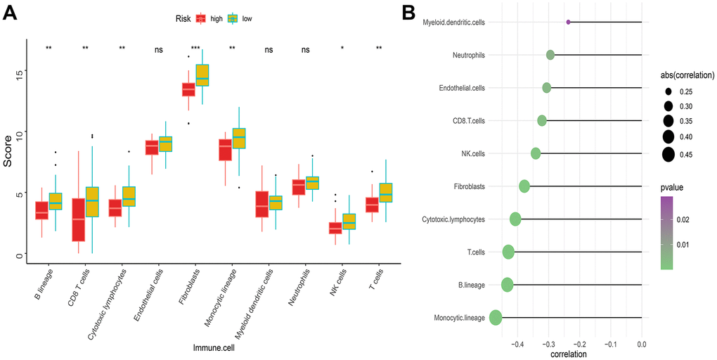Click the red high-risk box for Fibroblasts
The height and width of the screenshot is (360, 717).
(188, 90)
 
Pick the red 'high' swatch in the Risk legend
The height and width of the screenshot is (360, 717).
(200, 19)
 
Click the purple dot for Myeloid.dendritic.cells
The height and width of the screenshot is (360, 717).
(568, 22)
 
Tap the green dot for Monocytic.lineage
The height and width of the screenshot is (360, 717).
(495, 318)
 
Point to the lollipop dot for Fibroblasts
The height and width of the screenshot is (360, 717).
(524, 186)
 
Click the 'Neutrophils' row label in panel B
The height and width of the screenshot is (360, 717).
(464, 55)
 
